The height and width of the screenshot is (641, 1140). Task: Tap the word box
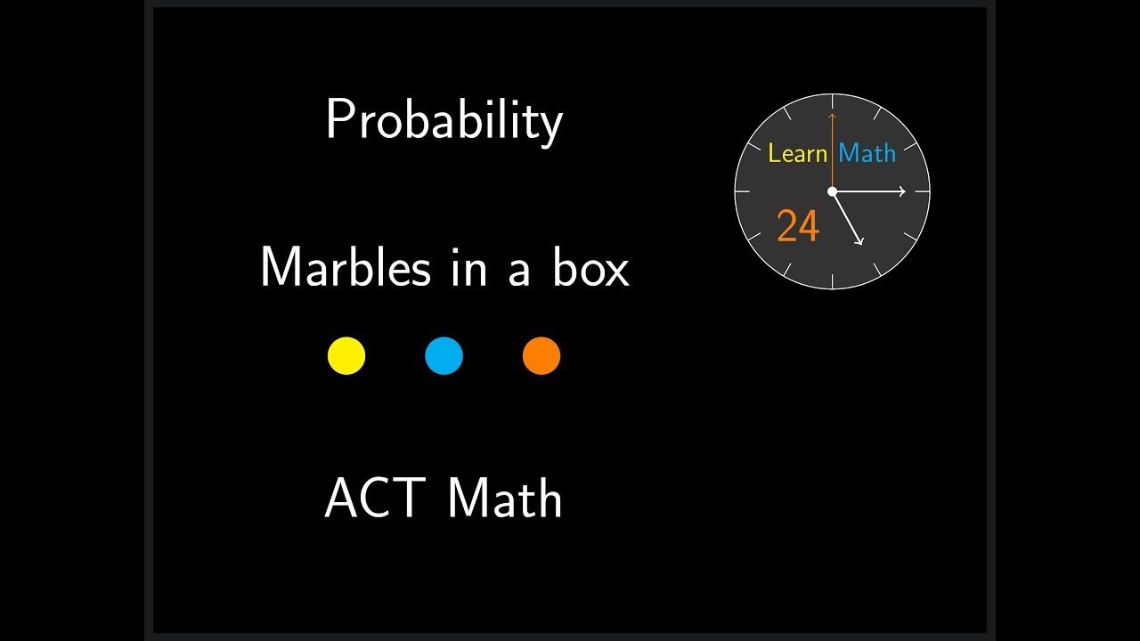[x=590, y=267]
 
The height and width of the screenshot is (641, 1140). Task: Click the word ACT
[x=374, y=498]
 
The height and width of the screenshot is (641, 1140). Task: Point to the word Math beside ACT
[x=504, y=498]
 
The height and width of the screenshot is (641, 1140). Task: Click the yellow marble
[x=346, y=356]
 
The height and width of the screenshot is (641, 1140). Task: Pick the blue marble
[x=444, y=356]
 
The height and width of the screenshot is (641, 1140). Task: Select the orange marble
[x=541, y=356]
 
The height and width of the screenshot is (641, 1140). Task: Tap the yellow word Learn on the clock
[x=797, y=153]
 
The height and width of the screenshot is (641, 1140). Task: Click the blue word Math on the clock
[x=867, y=153]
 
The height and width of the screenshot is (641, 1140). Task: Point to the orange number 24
[x=797, y=226]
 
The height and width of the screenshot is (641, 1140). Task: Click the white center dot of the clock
[x=832, y=191]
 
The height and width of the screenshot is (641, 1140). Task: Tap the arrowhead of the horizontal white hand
[x=901, y=191]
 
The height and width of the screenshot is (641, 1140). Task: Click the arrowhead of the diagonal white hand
[x=860, y=241]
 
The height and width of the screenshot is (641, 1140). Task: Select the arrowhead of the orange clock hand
[x=832, y=116]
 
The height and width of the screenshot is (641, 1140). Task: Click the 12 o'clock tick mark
[x=832, y=99]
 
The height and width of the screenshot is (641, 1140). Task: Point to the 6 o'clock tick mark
[x=832, y=282]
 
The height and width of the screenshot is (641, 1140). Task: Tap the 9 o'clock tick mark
[x=741, y=191]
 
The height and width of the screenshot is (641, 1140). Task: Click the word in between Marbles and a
[x=469, y=267]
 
